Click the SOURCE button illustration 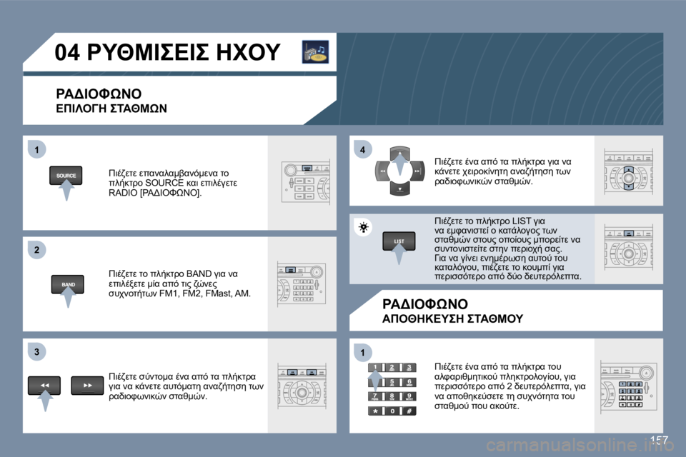pyautogui.click(x=66, y=175)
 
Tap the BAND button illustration pyautogui.click(x=68, y=283)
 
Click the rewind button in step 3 pyautogui.click(x=44, y=386)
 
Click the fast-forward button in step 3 pyautogui.click(x=88, y=386)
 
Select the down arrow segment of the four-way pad pyautogui.click(x=399, y=190)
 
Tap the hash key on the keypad pyautogui.click(x=408, y=411)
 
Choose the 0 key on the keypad pyautogui.click(x=391, y=411)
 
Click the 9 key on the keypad pyautogui.click(x=408, y=396)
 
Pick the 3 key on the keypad pyautogui.click(x=408, y=368)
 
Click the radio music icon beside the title pyautogui.click(x=314, y=52)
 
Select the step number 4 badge pyautogui.click(x=363, y=149)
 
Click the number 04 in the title pyautogui.click(x=74, y=53)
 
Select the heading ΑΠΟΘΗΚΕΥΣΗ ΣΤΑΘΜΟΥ pyautogui.click(x=452, y=318)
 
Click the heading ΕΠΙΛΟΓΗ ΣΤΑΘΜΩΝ pyautogui.click(x=111, y=109)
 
